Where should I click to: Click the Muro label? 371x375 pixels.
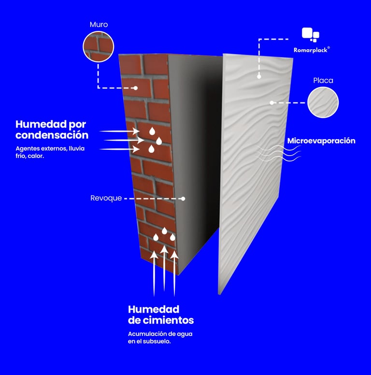click(x=98, y=24)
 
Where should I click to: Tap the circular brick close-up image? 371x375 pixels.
click(x=98, y=46)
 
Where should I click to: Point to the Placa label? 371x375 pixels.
click(x=323, y=80)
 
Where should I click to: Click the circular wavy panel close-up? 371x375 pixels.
click(x=323, y=102)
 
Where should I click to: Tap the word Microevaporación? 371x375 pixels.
click(x=321, y=141)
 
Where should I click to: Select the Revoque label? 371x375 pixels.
click(x=106, y=199)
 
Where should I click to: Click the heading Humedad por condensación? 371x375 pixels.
click(x=52, y=130)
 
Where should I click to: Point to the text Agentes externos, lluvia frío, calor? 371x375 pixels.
click(x=50, y=152)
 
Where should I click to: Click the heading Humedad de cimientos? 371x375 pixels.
click(x=160, y=315)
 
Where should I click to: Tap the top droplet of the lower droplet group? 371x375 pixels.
click(x=164, y=231)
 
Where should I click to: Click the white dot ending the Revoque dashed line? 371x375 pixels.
click(x=184, y=199)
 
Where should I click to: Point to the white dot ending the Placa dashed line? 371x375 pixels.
click(x=272, y=102)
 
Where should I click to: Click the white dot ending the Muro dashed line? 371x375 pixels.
click(x=137, y=88)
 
